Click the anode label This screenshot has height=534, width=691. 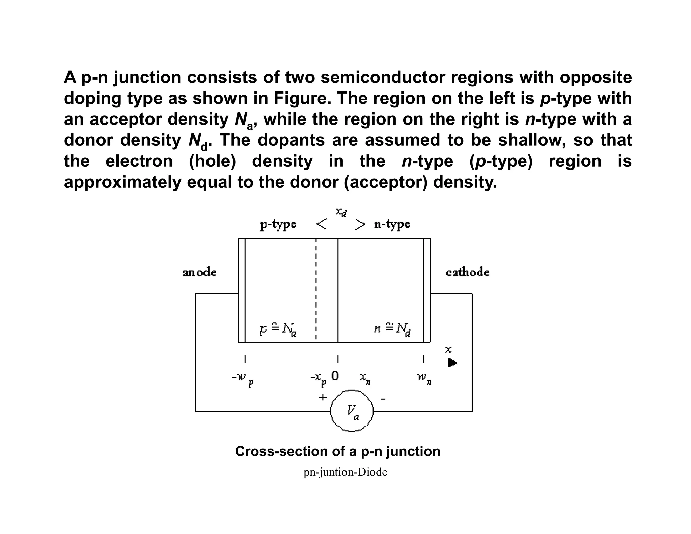coord(199,272)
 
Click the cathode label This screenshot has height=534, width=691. coord(467,272)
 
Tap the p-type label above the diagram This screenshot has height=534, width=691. coord(278,224)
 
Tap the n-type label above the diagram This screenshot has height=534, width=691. coord(392,224)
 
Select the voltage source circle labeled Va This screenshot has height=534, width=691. coord(352,411)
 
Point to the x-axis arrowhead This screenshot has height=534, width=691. coord(452,363)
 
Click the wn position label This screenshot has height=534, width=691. coord(424,379)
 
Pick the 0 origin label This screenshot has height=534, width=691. coord(335,376)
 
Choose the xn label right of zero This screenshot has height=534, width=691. coord(365,379)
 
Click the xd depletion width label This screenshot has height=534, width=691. coord(341,212)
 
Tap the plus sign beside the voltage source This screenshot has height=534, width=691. coord(323,397)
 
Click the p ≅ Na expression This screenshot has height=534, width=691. coord(278,329)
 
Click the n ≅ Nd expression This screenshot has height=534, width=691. coord(392,329)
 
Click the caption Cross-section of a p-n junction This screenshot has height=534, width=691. coord(337,451)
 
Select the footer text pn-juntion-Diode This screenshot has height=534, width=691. coord(345,472)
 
